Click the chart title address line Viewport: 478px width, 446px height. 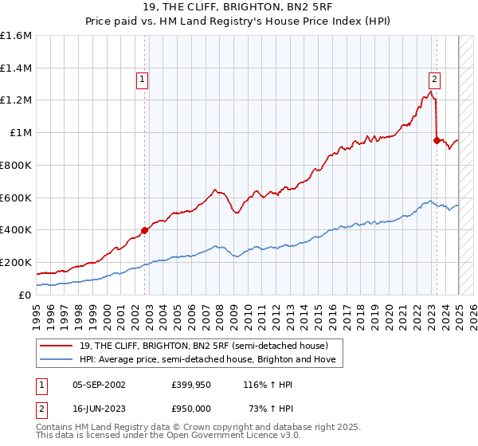coord(238,8)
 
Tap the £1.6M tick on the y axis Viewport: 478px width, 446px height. coord(16,36)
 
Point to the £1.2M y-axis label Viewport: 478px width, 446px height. coord(16,100)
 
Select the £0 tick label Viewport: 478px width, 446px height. coord(25,295)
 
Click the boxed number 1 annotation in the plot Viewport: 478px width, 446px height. coord(142,79)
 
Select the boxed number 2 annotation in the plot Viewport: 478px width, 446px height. coord(434,79)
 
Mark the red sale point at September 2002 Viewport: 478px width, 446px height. coord(145,230)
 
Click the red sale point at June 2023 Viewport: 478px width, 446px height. coord(437,140)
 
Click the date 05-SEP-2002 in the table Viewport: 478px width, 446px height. coord(99,385)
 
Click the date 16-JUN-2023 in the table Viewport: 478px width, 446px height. coord(99,407)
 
